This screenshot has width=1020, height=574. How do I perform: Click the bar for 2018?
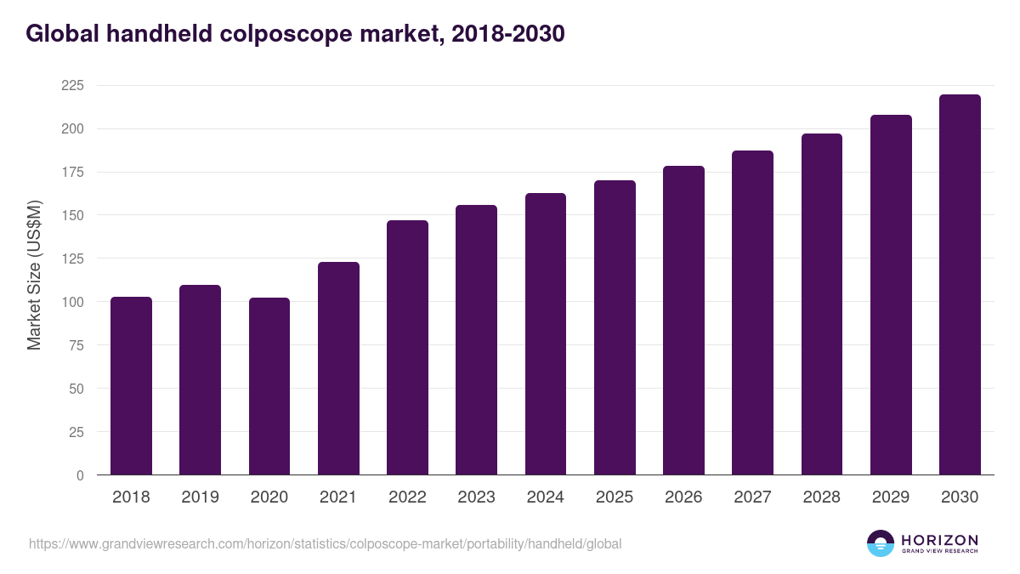click(131, 386)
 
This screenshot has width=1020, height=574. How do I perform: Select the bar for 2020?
click(269, 386)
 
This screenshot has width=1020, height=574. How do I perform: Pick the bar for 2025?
click(615, 327)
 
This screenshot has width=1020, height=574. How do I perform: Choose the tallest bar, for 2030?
click(960, 285)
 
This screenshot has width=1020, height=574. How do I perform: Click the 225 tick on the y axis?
click(72, 85)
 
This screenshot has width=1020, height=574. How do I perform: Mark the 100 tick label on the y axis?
click(72, 302)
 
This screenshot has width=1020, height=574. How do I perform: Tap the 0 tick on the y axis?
click(80, 475)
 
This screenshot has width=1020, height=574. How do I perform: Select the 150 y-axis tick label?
click(72, 215)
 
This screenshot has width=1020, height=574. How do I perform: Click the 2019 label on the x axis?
click(200, 497)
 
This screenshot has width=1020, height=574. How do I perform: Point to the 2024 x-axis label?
click(545, 497)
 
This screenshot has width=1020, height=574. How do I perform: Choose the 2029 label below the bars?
click(891, 497)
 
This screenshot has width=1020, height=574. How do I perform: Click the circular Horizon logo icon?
click(881, 543)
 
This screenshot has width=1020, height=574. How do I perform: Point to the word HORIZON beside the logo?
click(939, 540)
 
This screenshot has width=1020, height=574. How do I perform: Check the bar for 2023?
click(476, 340)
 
